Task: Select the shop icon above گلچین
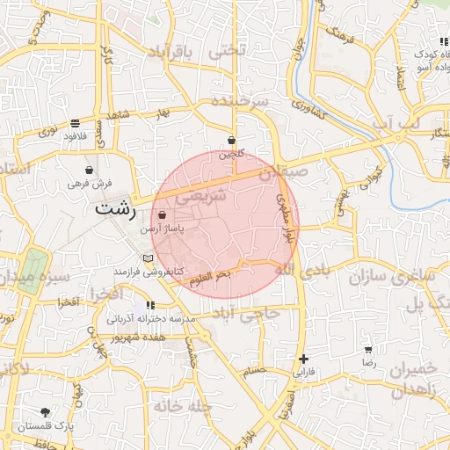click(231, 140)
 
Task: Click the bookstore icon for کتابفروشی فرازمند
click(148, 258)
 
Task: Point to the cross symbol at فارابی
click(303, 359)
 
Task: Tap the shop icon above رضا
click(368, 350)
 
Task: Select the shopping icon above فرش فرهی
click(89, 170)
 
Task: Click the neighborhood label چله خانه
click(182, 406)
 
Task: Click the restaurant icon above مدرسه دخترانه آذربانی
click(149, 305)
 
